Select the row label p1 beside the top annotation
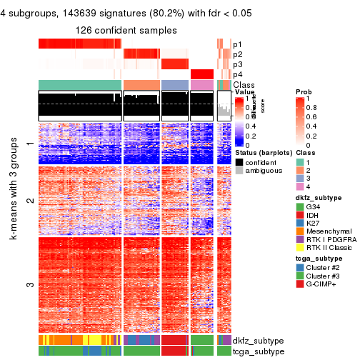pos(237,44)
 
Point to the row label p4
pos(237,74)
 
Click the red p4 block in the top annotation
pos(202,74)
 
